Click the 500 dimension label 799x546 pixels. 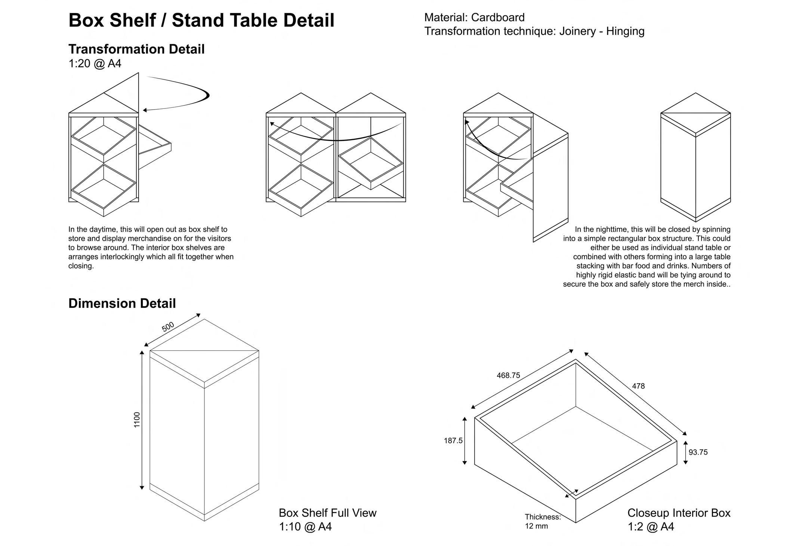coord(168,327)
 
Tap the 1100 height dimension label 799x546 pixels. coord(137,420)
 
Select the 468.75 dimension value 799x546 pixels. coord(508,375)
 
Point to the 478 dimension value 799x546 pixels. coord(638,386)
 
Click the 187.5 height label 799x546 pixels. coord(453,441)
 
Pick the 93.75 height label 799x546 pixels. coord(698,452)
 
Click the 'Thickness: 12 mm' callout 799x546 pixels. coord(542,521)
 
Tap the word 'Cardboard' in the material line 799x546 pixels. coord(498,18)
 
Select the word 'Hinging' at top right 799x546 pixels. coord(625,31)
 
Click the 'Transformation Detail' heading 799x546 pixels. coord(136,49)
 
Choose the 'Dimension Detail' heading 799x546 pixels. coord(122,303)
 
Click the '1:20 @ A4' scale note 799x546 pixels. coord(95,64)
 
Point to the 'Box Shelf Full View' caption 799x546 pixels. coord(327,513)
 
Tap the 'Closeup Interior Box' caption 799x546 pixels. coord(679,513)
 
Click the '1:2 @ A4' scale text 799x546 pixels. coord(651,527)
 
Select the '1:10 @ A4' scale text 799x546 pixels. coord(305,527)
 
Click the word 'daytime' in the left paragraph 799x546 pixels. coord(102,229)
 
